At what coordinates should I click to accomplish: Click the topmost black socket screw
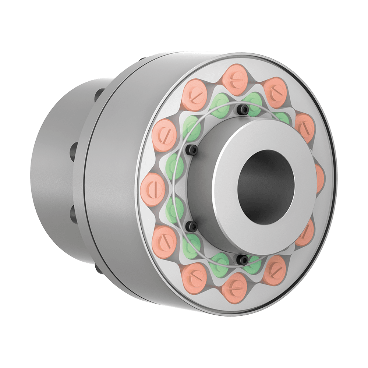pos(242,109)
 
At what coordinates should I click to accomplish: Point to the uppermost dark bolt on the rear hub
pos(99,94)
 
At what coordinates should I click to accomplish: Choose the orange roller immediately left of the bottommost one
pos(195,274)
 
